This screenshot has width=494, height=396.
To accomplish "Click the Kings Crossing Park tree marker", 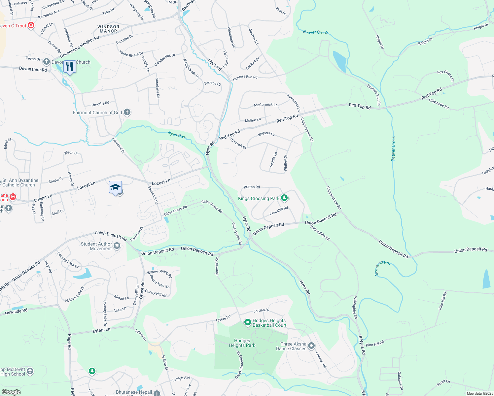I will coord(284,198).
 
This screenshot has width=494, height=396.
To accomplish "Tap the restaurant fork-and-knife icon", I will coord(70,67).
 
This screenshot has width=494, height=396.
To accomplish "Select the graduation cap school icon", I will coord(115,187).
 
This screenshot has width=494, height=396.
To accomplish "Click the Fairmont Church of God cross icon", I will coord(127,113).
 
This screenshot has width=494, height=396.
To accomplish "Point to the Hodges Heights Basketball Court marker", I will coord(248,322).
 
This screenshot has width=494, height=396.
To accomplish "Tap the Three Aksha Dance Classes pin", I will coord(311,346).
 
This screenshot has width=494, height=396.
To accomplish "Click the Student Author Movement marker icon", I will coord(117,246).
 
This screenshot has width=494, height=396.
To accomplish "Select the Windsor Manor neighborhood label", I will coord(108,29).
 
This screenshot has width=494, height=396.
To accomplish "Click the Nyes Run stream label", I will coord(176,134).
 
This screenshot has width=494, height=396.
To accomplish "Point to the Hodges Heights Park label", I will coord(242,343).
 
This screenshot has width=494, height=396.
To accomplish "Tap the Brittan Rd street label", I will coord(252,187).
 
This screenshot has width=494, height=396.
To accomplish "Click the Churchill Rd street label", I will coord(279,211).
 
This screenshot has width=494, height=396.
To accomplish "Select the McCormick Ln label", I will coord(265,105).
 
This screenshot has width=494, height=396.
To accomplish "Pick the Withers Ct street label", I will coord(266,134).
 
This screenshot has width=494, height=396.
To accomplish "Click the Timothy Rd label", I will coord(100,104).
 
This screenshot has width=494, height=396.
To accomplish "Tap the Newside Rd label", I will coord(16,312).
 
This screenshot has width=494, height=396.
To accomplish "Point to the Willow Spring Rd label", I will coord(159,273).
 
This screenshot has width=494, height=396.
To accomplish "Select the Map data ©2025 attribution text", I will coord(479,393).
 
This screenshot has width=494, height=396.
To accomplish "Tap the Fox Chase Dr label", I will coord(446,76).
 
